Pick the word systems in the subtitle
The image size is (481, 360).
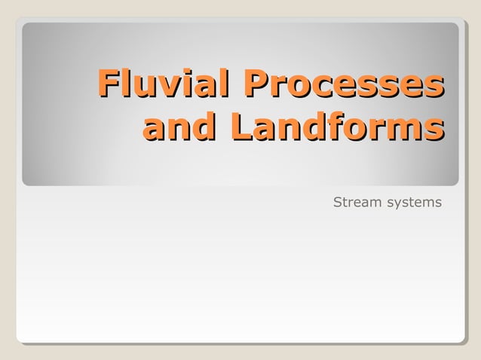414,203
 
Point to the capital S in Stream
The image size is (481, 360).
337,203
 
